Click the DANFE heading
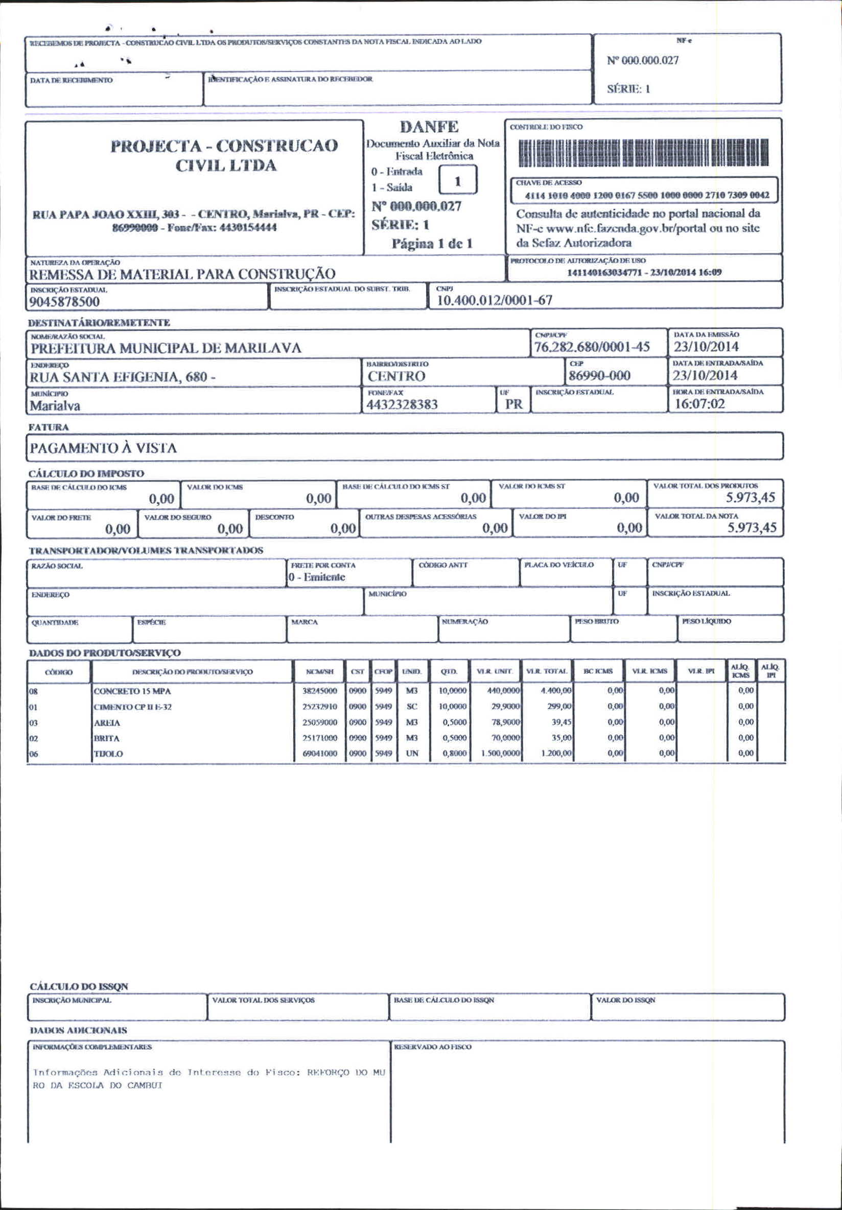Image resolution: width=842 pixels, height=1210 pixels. click(429, 127)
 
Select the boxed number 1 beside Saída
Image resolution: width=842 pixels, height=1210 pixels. click(458, 181)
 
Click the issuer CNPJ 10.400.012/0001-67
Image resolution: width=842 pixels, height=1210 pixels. click(495, 300)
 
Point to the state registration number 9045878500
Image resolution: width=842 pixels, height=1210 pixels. click(64, 301)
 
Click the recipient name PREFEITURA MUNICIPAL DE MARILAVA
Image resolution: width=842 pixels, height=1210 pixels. click(166, 348)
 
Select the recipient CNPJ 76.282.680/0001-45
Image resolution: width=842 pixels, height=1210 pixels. click(592, 347)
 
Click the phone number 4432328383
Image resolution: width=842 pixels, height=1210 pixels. click(402, 405)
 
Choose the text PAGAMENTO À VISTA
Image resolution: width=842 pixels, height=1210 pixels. click(103, 448)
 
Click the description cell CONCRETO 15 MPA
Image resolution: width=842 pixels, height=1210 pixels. click(132, 691)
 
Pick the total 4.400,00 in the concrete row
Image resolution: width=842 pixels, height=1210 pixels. click(556, 690)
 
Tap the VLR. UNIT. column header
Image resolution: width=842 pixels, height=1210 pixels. click(494, 671)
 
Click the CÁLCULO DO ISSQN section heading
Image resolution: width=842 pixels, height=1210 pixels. click(79, 986)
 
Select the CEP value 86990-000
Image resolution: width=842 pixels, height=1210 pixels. click(599, 376)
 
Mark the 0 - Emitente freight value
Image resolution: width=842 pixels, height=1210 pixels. click(317, 577)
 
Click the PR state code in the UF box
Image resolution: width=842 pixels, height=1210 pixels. click(513, 404)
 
